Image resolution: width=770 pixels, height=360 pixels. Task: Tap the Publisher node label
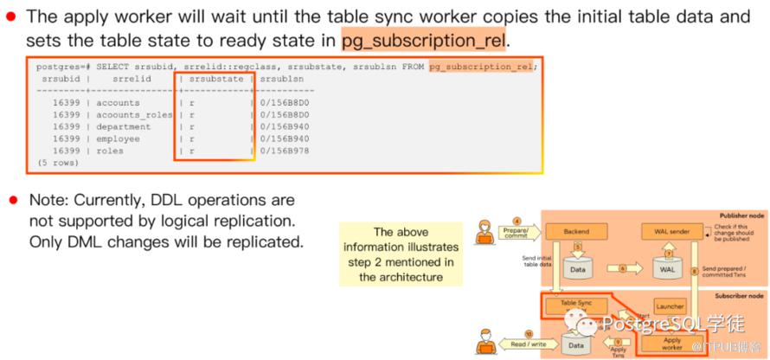coord(740,215)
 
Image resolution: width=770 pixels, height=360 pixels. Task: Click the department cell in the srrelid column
coord(123,126)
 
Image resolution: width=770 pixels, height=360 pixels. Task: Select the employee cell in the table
coord(118,138)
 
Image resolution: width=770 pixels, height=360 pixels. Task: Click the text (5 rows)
coord(57,163)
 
